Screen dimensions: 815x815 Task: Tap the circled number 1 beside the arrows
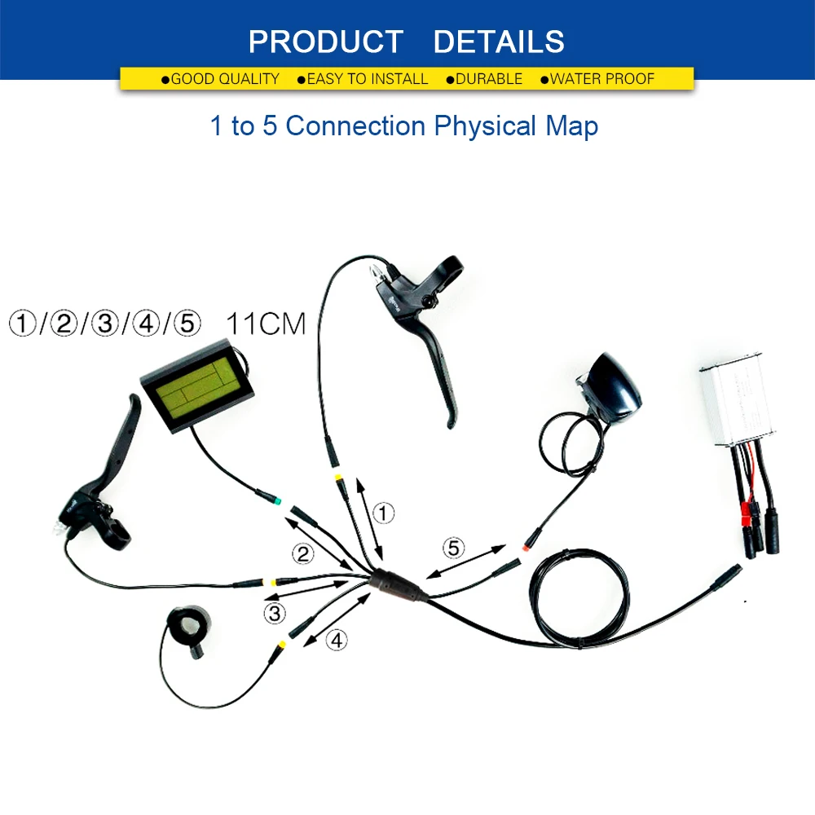coord(383,513)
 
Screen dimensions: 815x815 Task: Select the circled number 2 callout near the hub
coord(303,554)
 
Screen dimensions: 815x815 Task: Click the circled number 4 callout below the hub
coord(337,641)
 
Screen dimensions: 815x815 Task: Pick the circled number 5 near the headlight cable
coord(454,548)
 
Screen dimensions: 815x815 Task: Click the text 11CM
coord(265,324)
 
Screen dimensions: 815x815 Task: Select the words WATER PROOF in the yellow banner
coord(602,79)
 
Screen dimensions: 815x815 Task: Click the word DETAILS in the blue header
coord(499,42)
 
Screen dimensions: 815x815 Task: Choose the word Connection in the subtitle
coord(355,126)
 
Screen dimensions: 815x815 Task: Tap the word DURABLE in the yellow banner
coord(489,79)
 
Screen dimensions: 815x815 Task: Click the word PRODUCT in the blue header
coord(325,42)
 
